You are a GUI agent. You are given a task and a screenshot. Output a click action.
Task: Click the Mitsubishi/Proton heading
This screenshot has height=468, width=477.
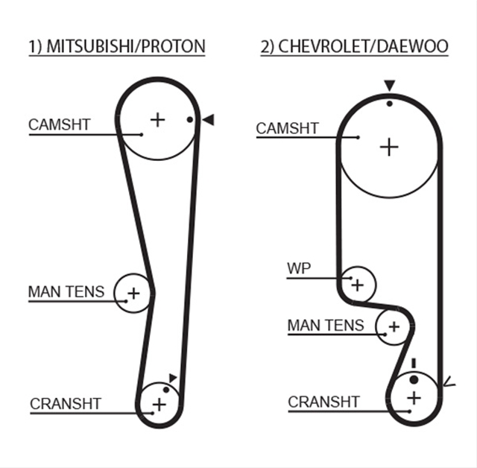117,46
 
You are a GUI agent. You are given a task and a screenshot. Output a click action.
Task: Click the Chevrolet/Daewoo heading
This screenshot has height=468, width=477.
355,46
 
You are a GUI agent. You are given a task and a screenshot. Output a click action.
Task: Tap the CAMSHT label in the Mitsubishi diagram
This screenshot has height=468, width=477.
60,124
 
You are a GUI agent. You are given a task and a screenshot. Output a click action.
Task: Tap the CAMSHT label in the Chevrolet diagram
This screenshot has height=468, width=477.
287,128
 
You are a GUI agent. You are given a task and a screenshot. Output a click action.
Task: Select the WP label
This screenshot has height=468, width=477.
299,268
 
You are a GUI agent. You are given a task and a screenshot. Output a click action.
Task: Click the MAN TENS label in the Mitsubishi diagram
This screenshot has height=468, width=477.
66,291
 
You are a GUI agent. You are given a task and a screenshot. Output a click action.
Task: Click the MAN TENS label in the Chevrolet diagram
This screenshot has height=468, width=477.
326,325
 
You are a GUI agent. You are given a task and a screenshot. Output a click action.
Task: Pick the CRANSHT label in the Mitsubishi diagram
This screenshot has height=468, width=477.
66,404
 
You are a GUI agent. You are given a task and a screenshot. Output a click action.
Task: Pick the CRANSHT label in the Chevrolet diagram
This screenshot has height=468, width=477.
323,402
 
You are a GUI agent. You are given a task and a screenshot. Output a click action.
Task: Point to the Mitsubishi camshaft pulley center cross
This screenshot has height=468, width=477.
157,119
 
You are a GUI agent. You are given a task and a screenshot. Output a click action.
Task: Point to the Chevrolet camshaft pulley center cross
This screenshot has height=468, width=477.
389,147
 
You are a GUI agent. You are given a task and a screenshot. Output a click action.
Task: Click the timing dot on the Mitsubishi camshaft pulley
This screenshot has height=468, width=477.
189,120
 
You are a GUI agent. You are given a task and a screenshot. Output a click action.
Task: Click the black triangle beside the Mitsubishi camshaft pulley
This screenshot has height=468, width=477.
209,120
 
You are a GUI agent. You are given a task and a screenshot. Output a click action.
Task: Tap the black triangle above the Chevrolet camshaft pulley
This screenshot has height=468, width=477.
389,85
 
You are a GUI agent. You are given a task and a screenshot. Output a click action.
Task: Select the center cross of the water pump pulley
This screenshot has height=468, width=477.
358,285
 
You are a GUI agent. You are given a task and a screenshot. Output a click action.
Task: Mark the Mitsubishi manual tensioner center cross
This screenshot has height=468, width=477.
133,294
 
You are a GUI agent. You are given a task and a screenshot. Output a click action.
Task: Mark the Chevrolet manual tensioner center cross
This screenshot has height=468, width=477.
394,327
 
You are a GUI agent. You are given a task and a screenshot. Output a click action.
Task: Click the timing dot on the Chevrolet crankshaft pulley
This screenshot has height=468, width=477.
414,379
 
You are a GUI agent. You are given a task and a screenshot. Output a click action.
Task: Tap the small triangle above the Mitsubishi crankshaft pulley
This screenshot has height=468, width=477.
173,378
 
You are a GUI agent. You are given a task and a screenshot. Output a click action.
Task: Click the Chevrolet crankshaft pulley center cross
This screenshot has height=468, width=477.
414,398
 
